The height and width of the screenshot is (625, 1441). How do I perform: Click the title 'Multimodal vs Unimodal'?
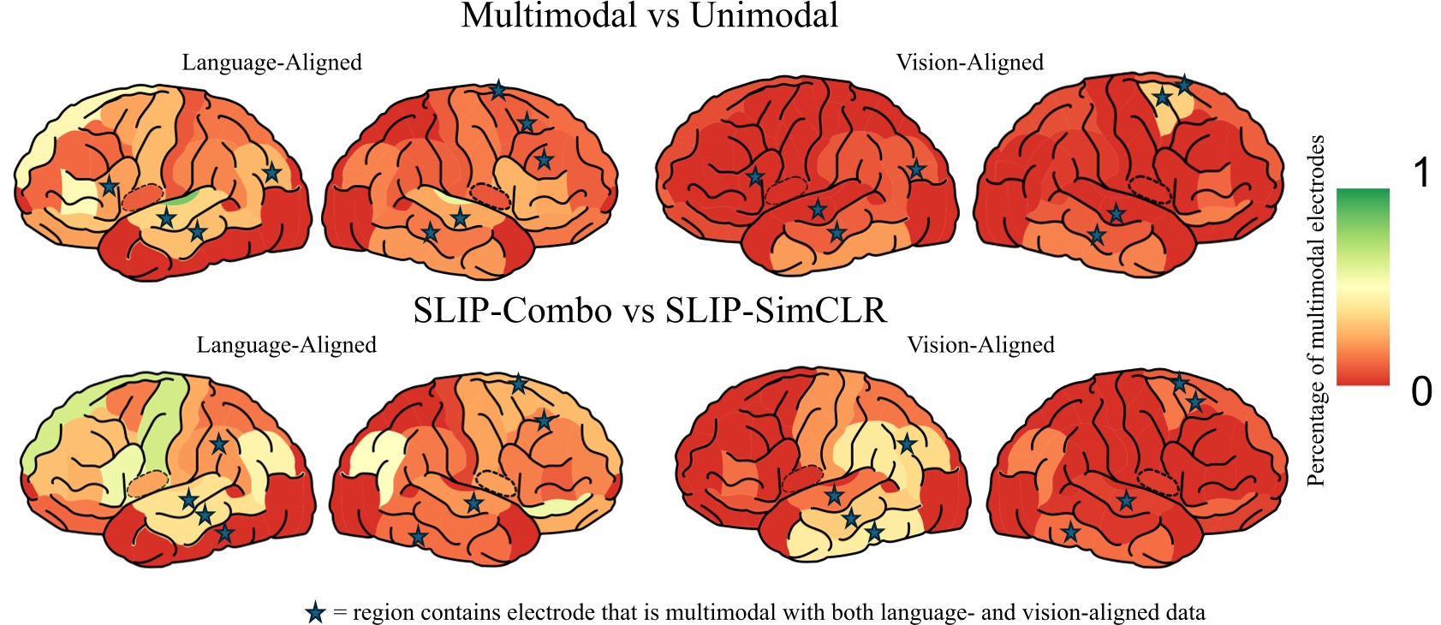tap(649, 15)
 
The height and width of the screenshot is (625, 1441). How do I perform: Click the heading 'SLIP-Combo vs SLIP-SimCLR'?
tap(649, 310)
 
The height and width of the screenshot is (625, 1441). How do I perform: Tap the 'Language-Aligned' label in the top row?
tap(271, 62)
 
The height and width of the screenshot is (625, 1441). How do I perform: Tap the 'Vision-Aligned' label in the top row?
tap(969, 62)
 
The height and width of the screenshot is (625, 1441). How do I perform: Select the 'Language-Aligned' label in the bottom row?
tap(286, 345)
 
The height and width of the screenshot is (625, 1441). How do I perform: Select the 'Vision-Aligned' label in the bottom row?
tap(980, 345)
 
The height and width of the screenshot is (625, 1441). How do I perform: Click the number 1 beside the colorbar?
tap(1421, 174)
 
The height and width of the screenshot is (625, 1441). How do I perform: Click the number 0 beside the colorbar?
tap(1421, 391)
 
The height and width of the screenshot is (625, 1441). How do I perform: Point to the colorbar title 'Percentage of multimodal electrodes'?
tap(1316, 310)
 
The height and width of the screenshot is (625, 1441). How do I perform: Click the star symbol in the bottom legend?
tap(315, 613)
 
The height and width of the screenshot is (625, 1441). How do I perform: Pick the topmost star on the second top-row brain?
tap(497, 89)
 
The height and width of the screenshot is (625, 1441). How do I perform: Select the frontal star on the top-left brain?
tap(109, 186)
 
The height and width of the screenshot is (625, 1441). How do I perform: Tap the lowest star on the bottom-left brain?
tap(223, 533)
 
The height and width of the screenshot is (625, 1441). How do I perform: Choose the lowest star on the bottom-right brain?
tap(1069, 533)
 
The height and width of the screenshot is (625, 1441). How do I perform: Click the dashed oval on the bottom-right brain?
tap(1159, 482)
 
